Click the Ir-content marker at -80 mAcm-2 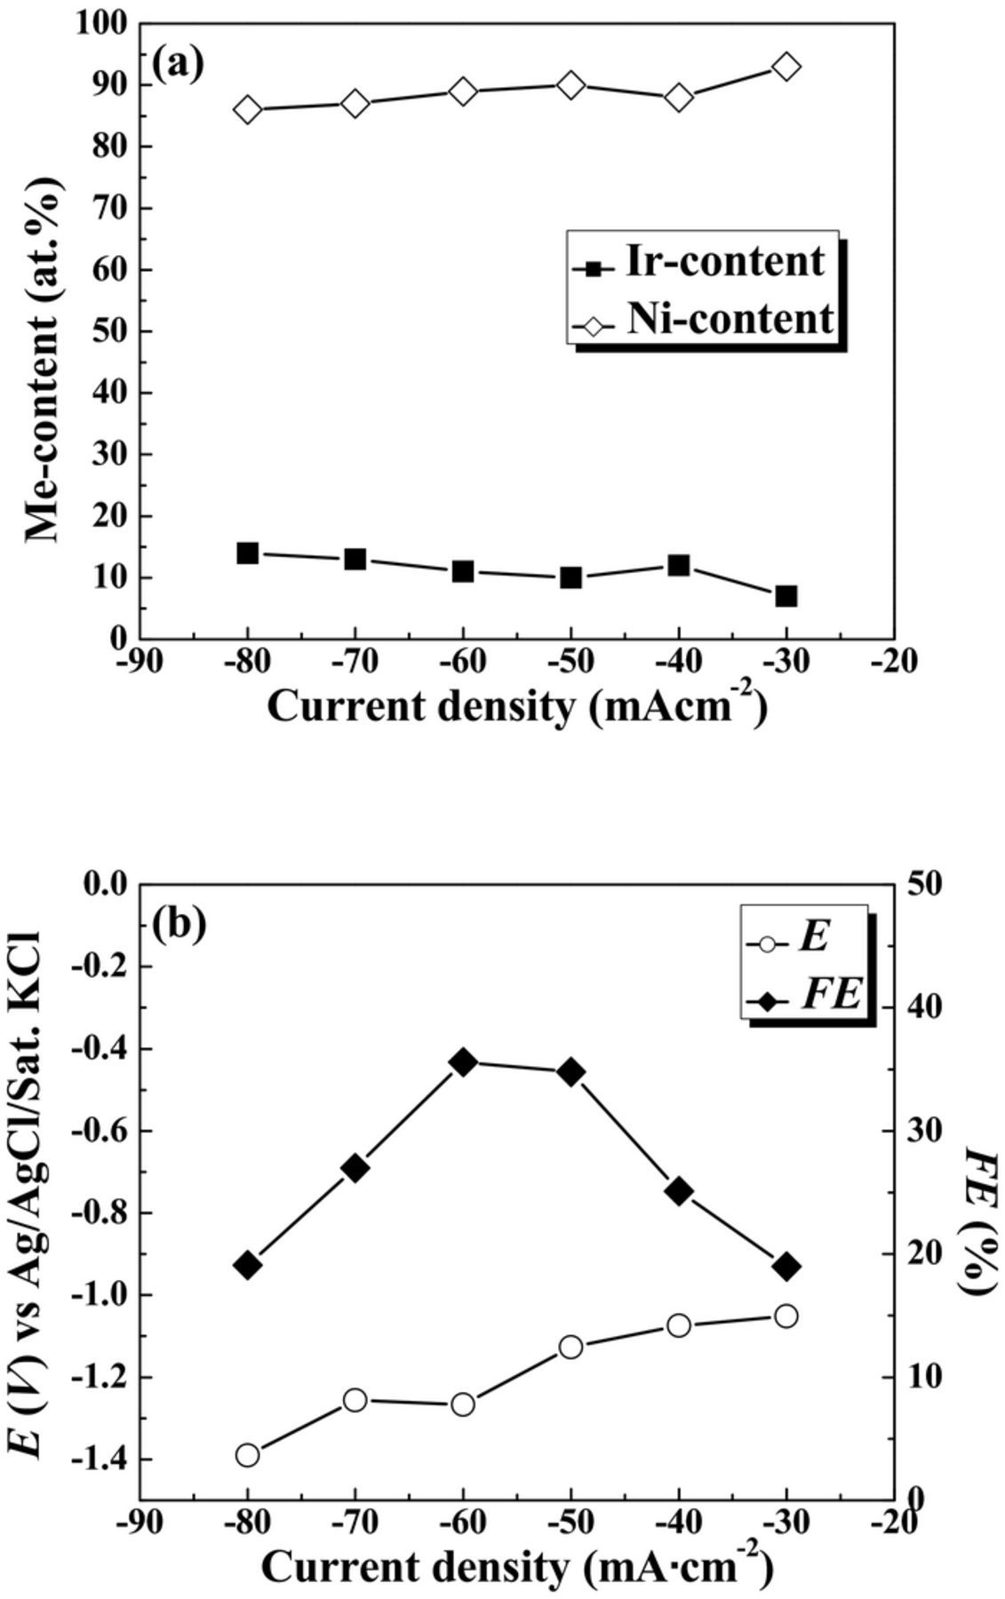[248, 553]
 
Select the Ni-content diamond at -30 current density [786, 67]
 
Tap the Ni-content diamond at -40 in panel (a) [679, 98]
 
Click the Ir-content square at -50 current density [570, 577]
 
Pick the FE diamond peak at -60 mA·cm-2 [463, 1062]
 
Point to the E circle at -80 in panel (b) [248, 1455]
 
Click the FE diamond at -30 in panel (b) [786, 1267]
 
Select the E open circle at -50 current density [570, 1348]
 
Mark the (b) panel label [179, 924]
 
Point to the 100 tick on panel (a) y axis [103, 23]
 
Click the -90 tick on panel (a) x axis [140, 663]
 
